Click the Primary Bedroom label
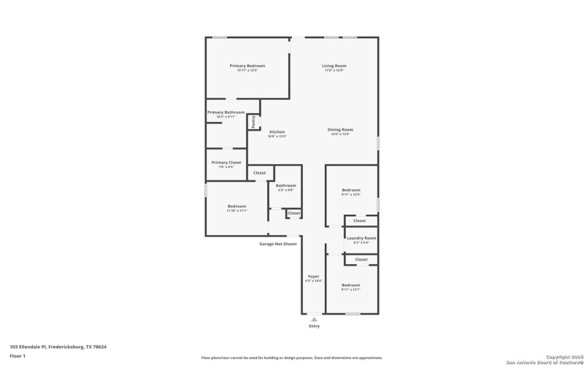tap(247, 66)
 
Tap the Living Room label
tap(334, 66)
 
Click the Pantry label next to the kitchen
tap(253, 122)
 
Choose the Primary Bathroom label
tap(226, 112)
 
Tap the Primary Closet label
tap(226, 162)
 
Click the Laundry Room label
tap(361, 238)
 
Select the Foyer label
tap(313, 276)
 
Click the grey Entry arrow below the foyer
tap(314, 320)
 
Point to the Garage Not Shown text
tap(278, 244)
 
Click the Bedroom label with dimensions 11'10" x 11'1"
tap(237, 206)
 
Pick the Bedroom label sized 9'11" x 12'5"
tap(351, 190)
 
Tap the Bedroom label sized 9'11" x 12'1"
tap(351, 285)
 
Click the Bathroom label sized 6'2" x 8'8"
tap(285, 185)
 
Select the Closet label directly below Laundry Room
tap(361, 259)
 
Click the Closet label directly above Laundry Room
tap(359, 220)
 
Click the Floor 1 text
tap(18, 356)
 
